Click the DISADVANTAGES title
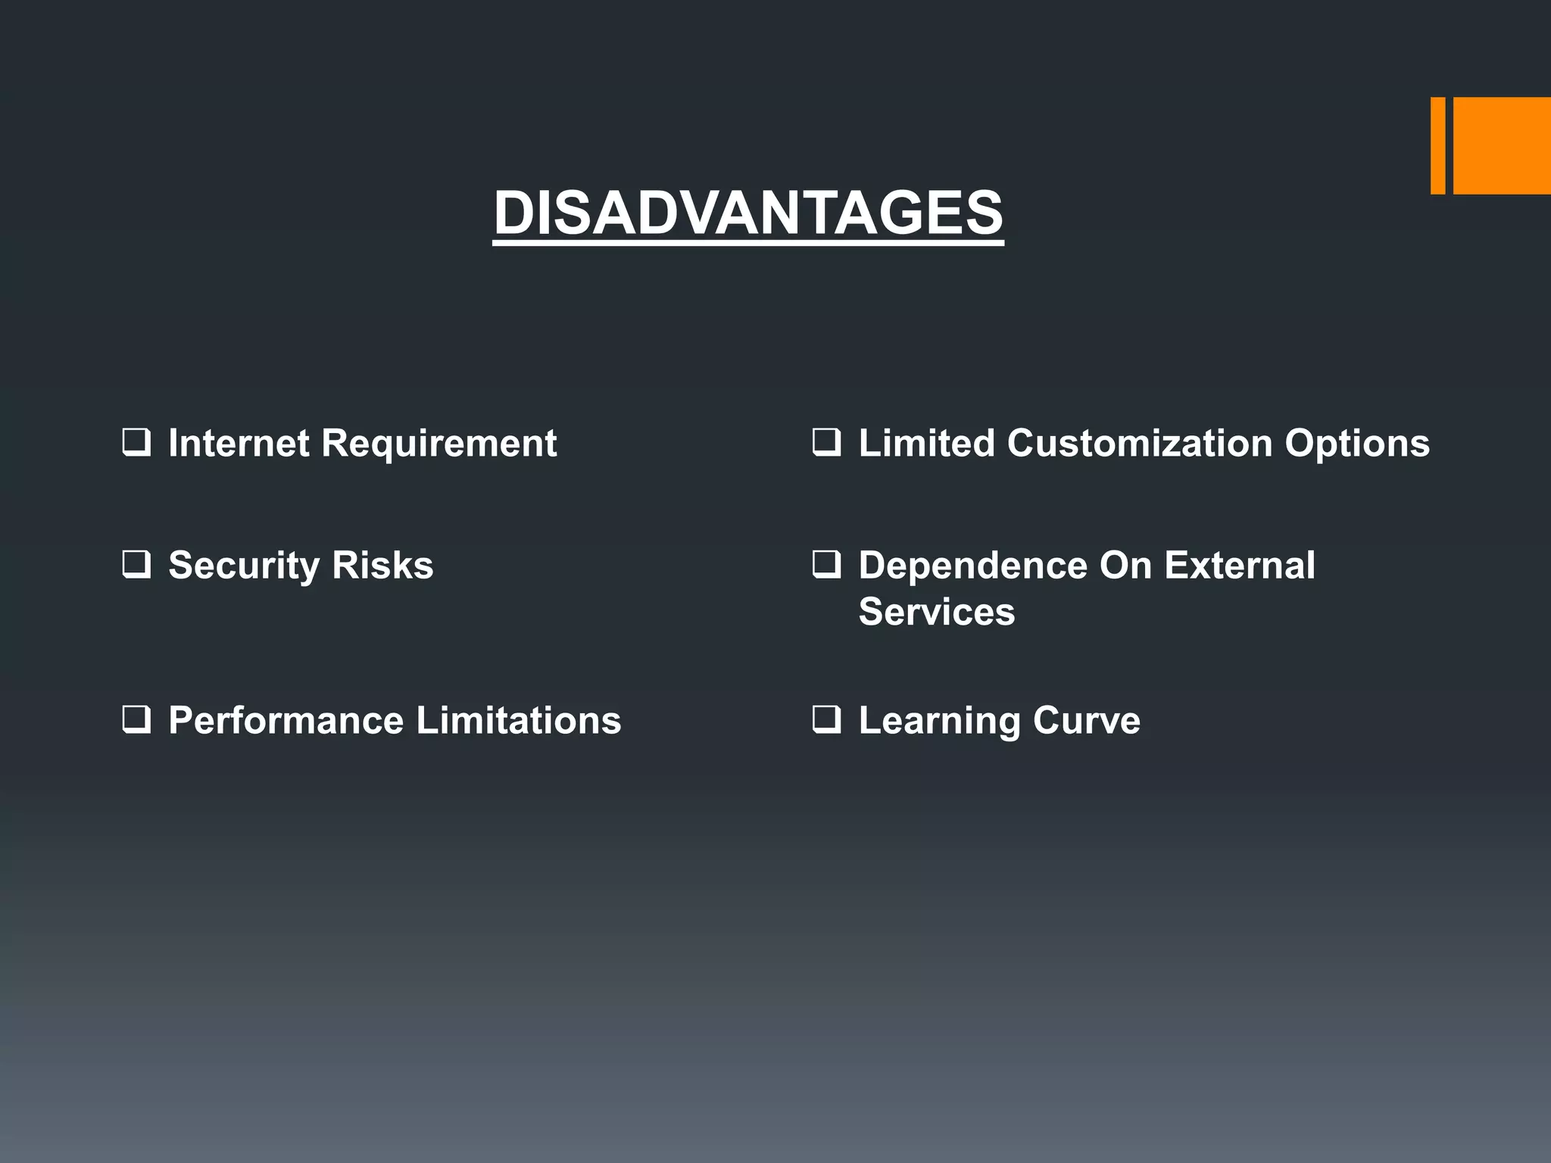tap(748, 213)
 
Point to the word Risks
tap(382, 566)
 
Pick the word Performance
tap(286, 720)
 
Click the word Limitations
tap(519, 720)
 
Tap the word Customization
tap(1139, 443)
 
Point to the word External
tap(1239, 566)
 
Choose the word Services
tap(936, 612)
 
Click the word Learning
tap(939, 720)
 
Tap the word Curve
tap(1086, 720)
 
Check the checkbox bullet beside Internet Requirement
tap(136, 442)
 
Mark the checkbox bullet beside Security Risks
tap(136, 565)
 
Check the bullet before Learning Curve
tap(826, 719)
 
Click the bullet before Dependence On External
tap(826, 565)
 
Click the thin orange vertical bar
tap(1437, 145)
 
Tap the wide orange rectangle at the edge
tap(1502, 145)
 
